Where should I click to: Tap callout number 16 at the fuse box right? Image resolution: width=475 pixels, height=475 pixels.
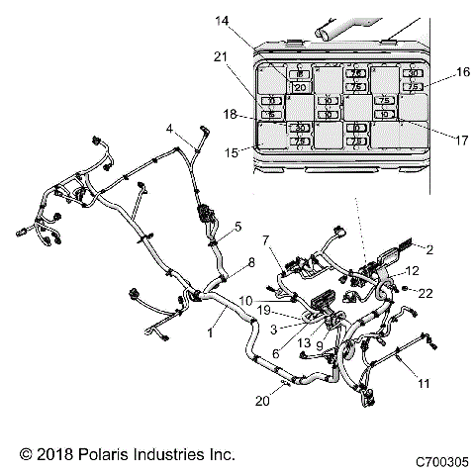[462, 72]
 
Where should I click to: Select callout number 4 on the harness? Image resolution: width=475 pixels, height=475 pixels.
[169, 128]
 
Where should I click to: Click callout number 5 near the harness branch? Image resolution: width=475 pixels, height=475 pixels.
[237, 227]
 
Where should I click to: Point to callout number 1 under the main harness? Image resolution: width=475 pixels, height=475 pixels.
[209, 334]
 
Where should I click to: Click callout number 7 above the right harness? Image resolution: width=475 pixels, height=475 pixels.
[265, 240]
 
